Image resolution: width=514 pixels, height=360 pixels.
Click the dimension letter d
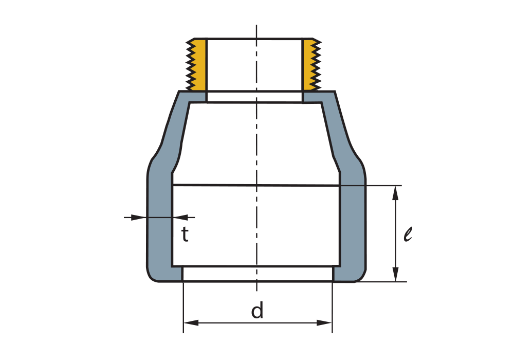click(x=257, y=311)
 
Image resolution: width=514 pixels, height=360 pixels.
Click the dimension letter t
click(x=185, y=235)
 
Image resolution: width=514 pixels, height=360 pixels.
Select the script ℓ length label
click(x=408, y=235)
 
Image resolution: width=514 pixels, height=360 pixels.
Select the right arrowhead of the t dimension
click(x=180, y=218)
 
